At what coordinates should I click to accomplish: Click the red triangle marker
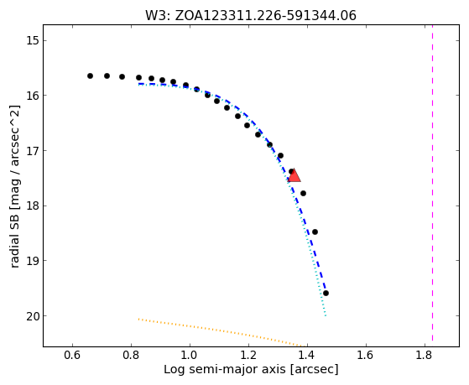pos(294,175)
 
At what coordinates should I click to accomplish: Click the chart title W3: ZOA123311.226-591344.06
pos(251,16)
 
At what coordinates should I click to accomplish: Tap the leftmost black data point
pos(90,76)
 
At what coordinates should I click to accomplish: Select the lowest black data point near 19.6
pos(326,294)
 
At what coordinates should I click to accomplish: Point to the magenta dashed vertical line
pos(433,183)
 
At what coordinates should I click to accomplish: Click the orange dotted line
pos(222,333)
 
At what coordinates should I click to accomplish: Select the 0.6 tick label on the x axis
pos(72,356)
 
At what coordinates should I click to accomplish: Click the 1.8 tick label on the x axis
pos(425,356)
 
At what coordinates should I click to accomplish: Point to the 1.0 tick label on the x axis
pos(190,356)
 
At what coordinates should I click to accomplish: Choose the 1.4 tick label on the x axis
pos(307,356)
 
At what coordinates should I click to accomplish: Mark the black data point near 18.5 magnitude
pos(315,232)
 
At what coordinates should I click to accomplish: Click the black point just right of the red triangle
pos(303,193)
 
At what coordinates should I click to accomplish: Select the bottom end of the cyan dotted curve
pos(326,315)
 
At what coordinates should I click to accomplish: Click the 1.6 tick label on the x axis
pos(366,356)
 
